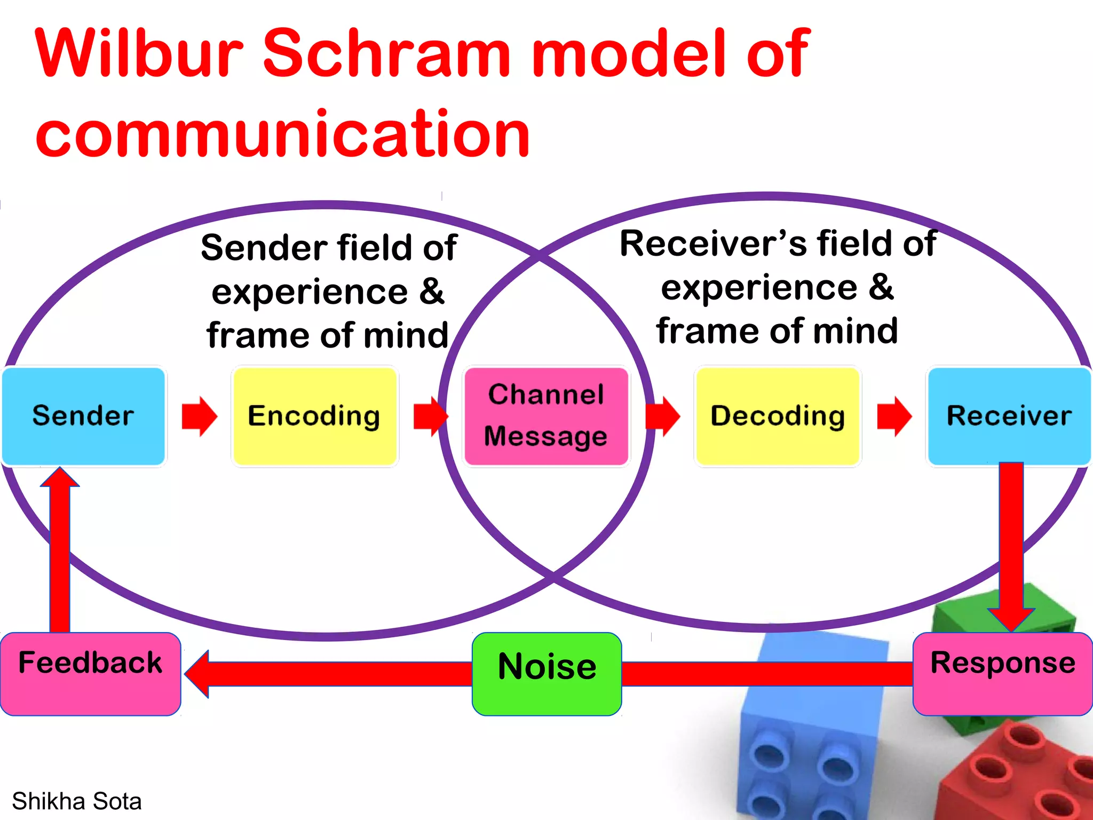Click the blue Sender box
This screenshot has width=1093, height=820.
[x=83, y=416]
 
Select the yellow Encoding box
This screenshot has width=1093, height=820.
[x=314, y=416]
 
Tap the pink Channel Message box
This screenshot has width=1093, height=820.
[x=546, y=416]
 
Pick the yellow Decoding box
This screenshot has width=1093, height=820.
[x=778, y=416]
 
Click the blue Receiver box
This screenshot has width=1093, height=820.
[x=1009, y=416]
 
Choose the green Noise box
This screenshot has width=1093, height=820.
[x=546, y=674]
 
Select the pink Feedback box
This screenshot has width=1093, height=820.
[x=90, y=674]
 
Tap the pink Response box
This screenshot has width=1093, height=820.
[x=1002, y=674]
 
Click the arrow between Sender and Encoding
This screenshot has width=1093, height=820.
[x=199, y=416]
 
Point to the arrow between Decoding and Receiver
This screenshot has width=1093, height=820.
[x=894, y=416]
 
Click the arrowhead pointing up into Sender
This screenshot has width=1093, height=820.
[x=60, y=478]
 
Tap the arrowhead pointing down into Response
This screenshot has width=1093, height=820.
[x=1011, y=619]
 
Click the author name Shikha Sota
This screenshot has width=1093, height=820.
[x=77, y=801]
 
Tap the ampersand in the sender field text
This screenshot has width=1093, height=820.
[x=431, y=291]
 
